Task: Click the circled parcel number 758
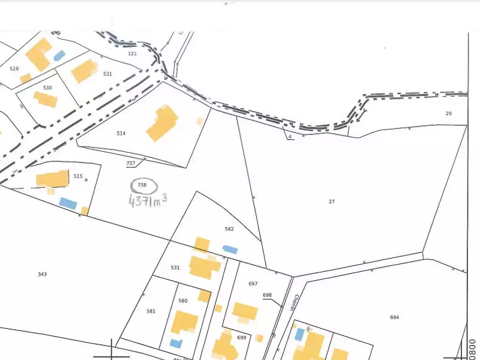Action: (x=142, y=185)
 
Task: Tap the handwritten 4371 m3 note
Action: (x=148, y=200)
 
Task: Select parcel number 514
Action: (x=121, y=133)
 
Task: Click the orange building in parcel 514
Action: (x=162, y=122)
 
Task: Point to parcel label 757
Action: (x=131, y=163)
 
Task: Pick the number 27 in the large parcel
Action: (x=332, y=202)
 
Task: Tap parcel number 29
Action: (x=448, y=113)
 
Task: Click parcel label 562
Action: (x=229, y=229)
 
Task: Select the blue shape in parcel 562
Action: (x=230, y=249)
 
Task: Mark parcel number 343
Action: (x=42, y=274)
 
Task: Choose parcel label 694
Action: (x=394, y=317)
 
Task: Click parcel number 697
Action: (x=253, y=283)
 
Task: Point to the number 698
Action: (x=268, y=295)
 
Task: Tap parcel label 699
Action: (x=241, y=338)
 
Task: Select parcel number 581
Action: (x=151, y=311)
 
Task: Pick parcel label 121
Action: (x=133, y=53)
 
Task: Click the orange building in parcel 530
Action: (x=46, y=99)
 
